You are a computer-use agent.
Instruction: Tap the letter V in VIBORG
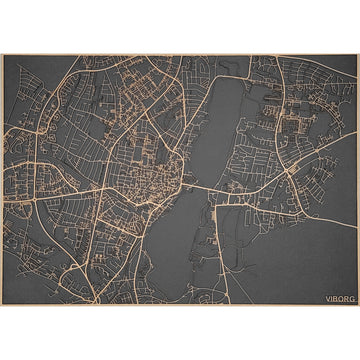click(326, 297)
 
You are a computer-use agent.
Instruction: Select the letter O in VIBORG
click(339, 297)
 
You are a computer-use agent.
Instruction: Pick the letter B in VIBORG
click(334, 297)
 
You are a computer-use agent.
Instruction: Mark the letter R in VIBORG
click(344, 297)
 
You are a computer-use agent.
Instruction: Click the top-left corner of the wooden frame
click(2, 55)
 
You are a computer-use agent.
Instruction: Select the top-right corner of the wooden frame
click(358, 55)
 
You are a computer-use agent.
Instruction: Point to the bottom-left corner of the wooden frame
click(2, 305)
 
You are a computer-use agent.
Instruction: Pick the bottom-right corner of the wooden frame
click(358, 305)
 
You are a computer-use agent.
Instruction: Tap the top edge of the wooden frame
click(180, 55)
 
